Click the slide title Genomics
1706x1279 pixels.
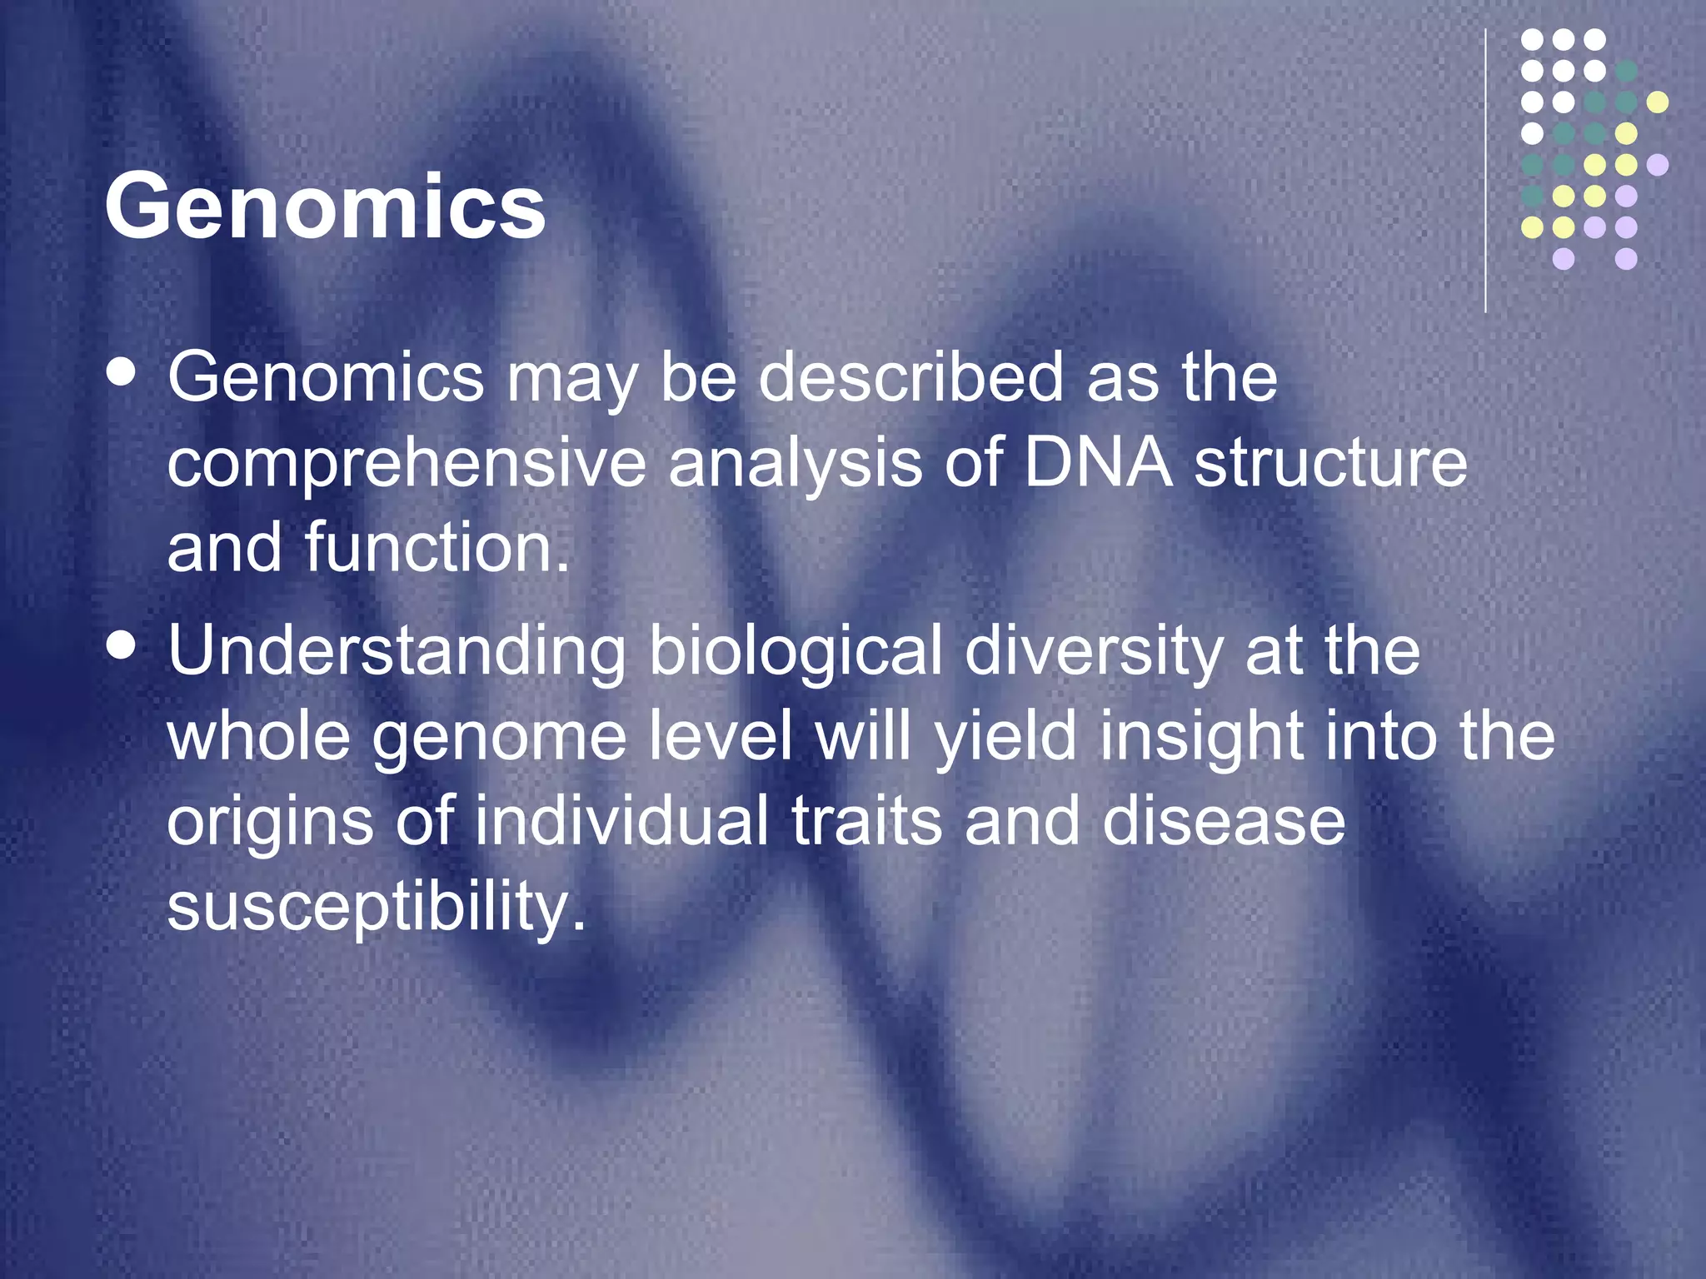tap(325, 206)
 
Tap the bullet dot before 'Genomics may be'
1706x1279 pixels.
tap(122, 373)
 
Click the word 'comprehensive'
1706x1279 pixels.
tap(407, 463)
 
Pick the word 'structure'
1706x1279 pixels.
tap(1330, 463)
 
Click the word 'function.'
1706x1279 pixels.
tap(437, 547)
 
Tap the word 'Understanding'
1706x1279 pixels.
tap(397, 652)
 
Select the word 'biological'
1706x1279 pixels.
tap(796, 652)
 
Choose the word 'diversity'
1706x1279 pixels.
tap(1094, 652)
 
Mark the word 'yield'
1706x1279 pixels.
tap(1005, 738)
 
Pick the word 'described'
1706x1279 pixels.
tap(910, 377)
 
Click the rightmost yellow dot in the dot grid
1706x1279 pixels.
tap(1658, 102)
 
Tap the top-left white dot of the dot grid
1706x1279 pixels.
tap(1533, 40)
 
